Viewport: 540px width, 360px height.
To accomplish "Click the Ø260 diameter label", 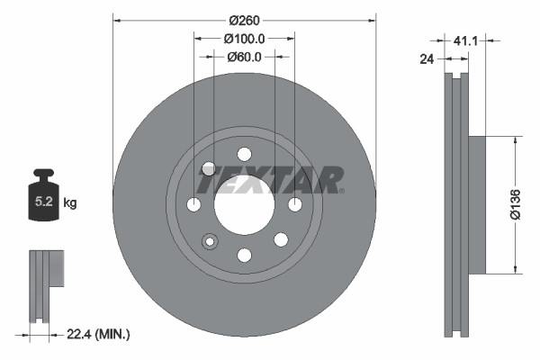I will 244,20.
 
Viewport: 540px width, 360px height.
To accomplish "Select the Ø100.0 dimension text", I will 244,39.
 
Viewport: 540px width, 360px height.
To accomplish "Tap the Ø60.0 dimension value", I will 244,57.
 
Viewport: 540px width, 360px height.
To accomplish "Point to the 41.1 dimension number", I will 465,41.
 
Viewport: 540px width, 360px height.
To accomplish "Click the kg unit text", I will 70,203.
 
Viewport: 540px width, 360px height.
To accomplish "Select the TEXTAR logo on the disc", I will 270,180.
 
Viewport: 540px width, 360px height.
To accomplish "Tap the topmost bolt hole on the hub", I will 244,153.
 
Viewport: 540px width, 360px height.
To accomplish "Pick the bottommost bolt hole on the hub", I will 244,256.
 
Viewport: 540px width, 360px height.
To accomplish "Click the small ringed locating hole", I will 211,241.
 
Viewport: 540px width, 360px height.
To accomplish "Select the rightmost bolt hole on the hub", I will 295,205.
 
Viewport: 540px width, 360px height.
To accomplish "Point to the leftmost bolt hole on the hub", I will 193,205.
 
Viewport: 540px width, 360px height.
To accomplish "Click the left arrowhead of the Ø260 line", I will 117,20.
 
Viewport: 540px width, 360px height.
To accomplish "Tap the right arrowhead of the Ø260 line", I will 371,20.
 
